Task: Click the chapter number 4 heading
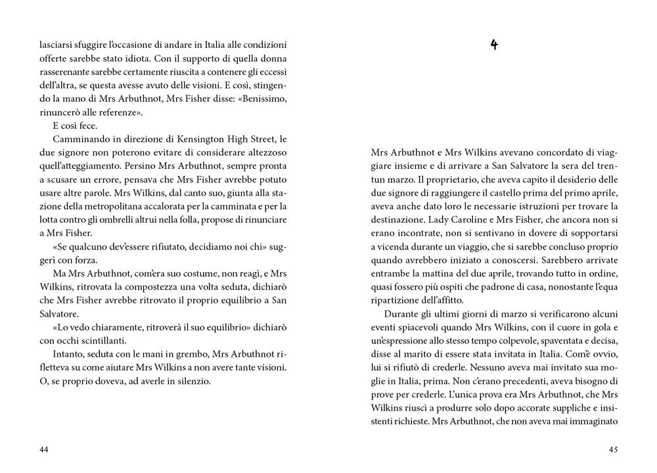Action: coord(494,45)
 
